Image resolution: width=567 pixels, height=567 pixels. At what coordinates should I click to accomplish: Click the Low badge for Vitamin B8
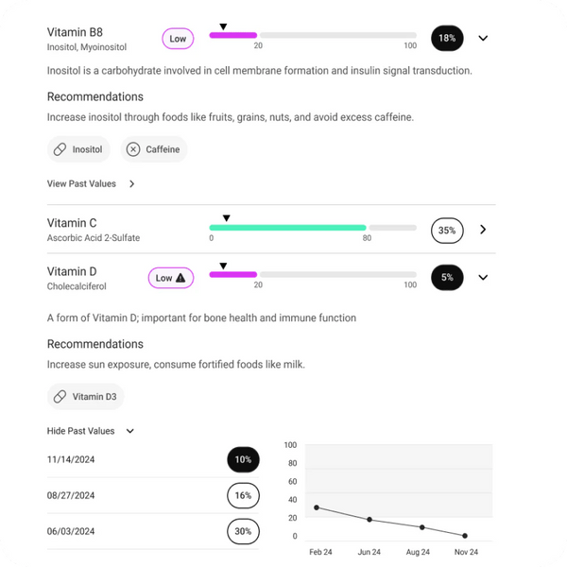(178, 39)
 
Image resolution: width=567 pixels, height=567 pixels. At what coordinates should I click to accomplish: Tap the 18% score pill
(447, 38)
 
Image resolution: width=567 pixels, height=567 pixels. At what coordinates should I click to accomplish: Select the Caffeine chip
(154, 149)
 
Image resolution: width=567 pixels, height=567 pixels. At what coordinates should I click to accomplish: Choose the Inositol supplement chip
(78, 149)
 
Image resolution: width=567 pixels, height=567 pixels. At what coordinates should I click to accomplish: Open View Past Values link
(91, 183)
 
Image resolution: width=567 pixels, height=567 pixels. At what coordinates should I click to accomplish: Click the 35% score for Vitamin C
(447, 231)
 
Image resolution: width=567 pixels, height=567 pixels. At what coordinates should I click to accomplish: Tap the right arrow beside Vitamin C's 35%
(483, 230)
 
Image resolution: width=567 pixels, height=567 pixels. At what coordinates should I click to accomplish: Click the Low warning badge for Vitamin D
(171, 278)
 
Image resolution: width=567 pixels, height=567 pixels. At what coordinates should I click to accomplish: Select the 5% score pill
(447, 277)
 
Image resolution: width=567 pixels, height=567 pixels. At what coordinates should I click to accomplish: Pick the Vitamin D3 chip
(86, 397)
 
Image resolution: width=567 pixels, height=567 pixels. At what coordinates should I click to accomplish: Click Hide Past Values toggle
(91, 431)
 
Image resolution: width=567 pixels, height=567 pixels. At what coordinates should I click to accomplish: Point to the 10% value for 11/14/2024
(243, 459)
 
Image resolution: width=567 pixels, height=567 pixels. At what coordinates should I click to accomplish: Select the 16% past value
(243, 495)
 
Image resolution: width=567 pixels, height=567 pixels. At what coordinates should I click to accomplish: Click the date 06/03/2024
(71, 531)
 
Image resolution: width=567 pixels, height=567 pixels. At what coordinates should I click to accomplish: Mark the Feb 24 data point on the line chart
(317, 507)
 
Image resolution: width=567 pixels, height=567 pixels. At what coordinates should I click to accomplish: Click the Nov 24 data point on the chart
(465, 536)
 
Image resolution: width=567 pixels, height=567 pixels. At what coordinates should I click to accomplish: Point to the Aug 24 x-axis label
(418, 552)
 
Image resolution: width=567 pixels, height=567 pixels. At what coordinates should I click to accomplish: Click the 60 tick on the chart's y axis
(293, 481)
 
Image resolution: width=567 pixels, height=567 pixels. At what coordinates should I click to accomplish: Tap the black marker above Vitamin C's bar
(227, 218)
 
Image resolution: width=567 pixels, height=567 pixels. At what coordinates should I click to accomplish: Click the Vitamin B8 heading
(75, 32)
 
